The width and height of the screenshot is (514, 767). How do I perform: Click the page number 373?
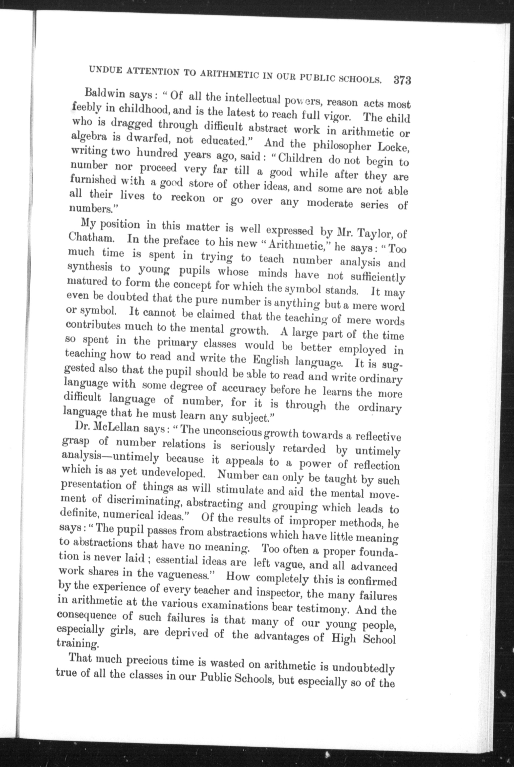(x=402, y=81)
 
